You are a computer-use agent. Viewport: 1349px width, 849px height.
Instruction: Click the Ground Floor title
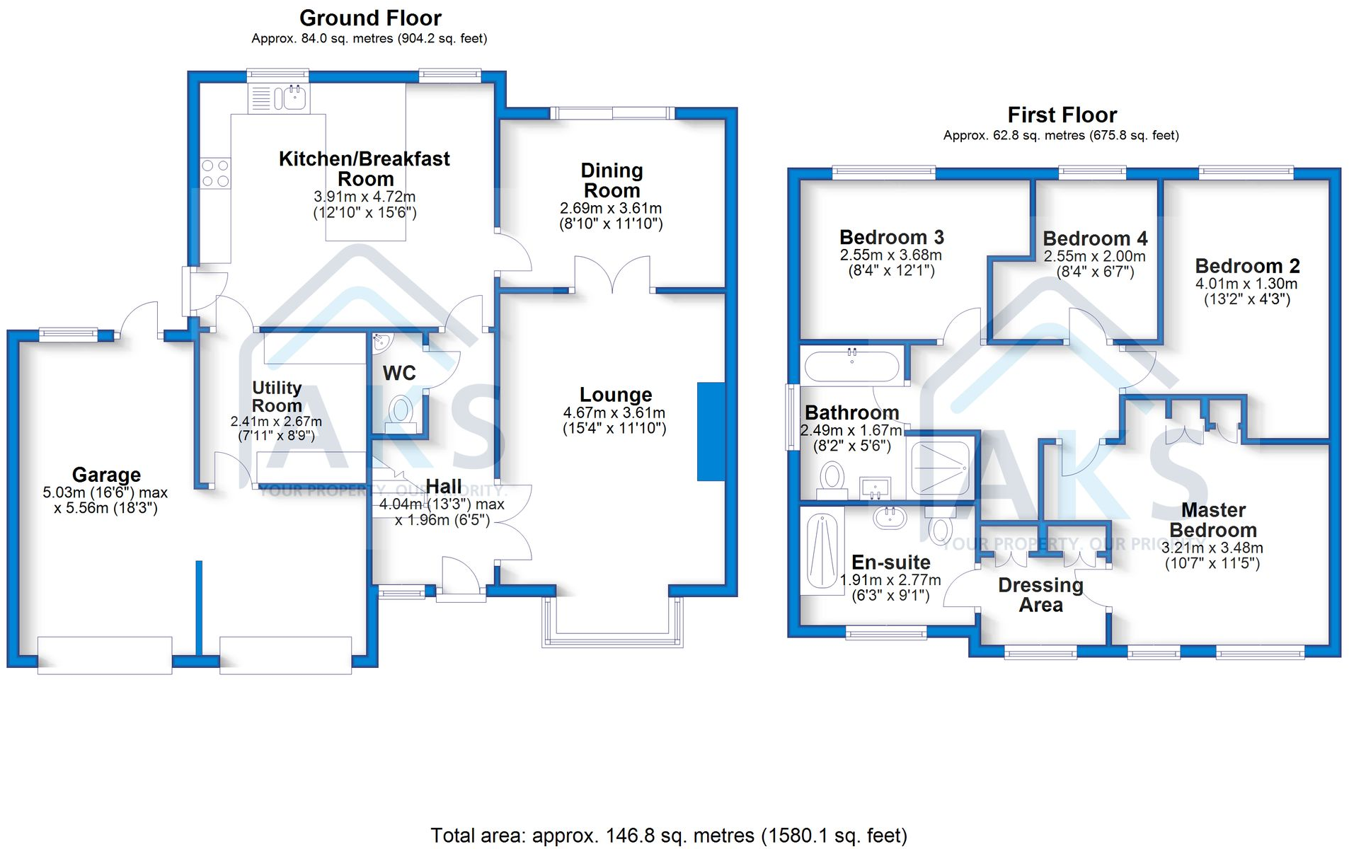coord(370,18)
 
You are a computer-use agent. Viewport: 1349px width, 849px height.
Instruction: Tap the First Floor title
coord(1062,115)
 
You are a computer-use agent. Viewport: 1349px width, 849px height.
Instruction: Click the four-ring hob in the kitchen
coord(215,173)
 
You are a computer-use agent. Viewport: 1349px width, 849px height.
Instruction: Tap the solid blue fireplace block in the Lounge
coord(711,432)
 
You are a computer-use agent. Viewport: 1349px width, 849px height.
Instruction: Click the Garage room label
coord(106,475)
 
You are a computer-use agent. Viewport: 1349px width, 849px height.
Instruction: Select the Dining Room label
coord(612,180)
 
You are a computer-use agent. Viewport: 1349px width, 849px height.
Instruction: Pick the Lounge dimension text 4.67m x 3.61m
coord(614,412)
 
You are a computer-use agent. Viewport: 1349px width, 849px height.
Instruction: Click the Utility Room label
coord(277,397)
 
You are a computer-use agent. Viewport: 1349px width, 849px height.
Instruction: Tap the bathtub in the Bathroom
coord(852,366)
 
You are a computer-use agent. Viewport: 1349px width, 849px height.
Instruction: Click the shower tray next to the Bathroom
coord(940,468)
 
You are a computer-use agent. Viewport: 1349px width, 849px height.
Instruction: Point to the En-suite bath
coord(822,550)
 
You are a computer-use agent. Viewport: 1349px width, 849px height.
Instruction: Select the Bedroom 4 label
coord(1095,238)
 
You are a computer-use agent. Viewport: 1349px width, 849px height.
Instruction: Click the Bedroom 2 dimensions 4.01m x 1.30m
coord(1246,284)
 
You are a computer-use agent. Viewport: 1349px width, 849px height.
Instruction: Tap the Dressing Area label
coord(1040,595)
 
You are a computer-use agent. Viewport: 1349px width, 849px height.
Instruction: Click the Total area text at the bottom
coord(669,836)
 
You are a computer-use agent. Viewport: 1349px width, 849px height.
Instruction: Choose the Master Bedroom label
coord(1213,520)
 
